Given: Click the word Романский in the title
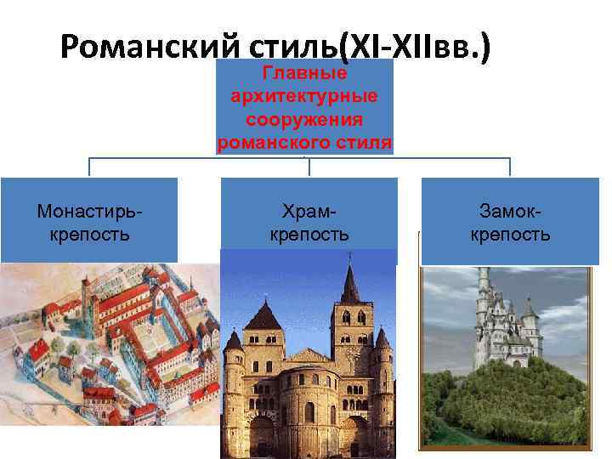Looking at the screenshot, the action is coord(139,50).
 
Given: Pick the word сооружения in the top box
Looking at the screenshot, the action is coord(305,119).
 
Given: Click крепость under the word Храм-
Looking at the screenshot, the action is coord(309,234).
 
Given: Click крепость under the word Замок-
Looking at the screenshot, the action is coord(510,234).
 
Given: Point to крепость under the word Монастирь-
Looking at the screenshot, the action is coord(88,234).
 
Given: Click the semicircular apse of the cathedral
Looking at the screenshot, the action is coord(304,408).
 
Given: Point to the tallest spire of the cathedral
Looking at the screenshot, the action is coord(349,285).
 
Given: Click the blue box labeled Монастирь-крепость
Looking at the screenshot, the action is coord(88,219).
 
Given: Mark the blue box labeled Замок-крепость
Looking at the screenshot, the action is coord(510,219).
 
